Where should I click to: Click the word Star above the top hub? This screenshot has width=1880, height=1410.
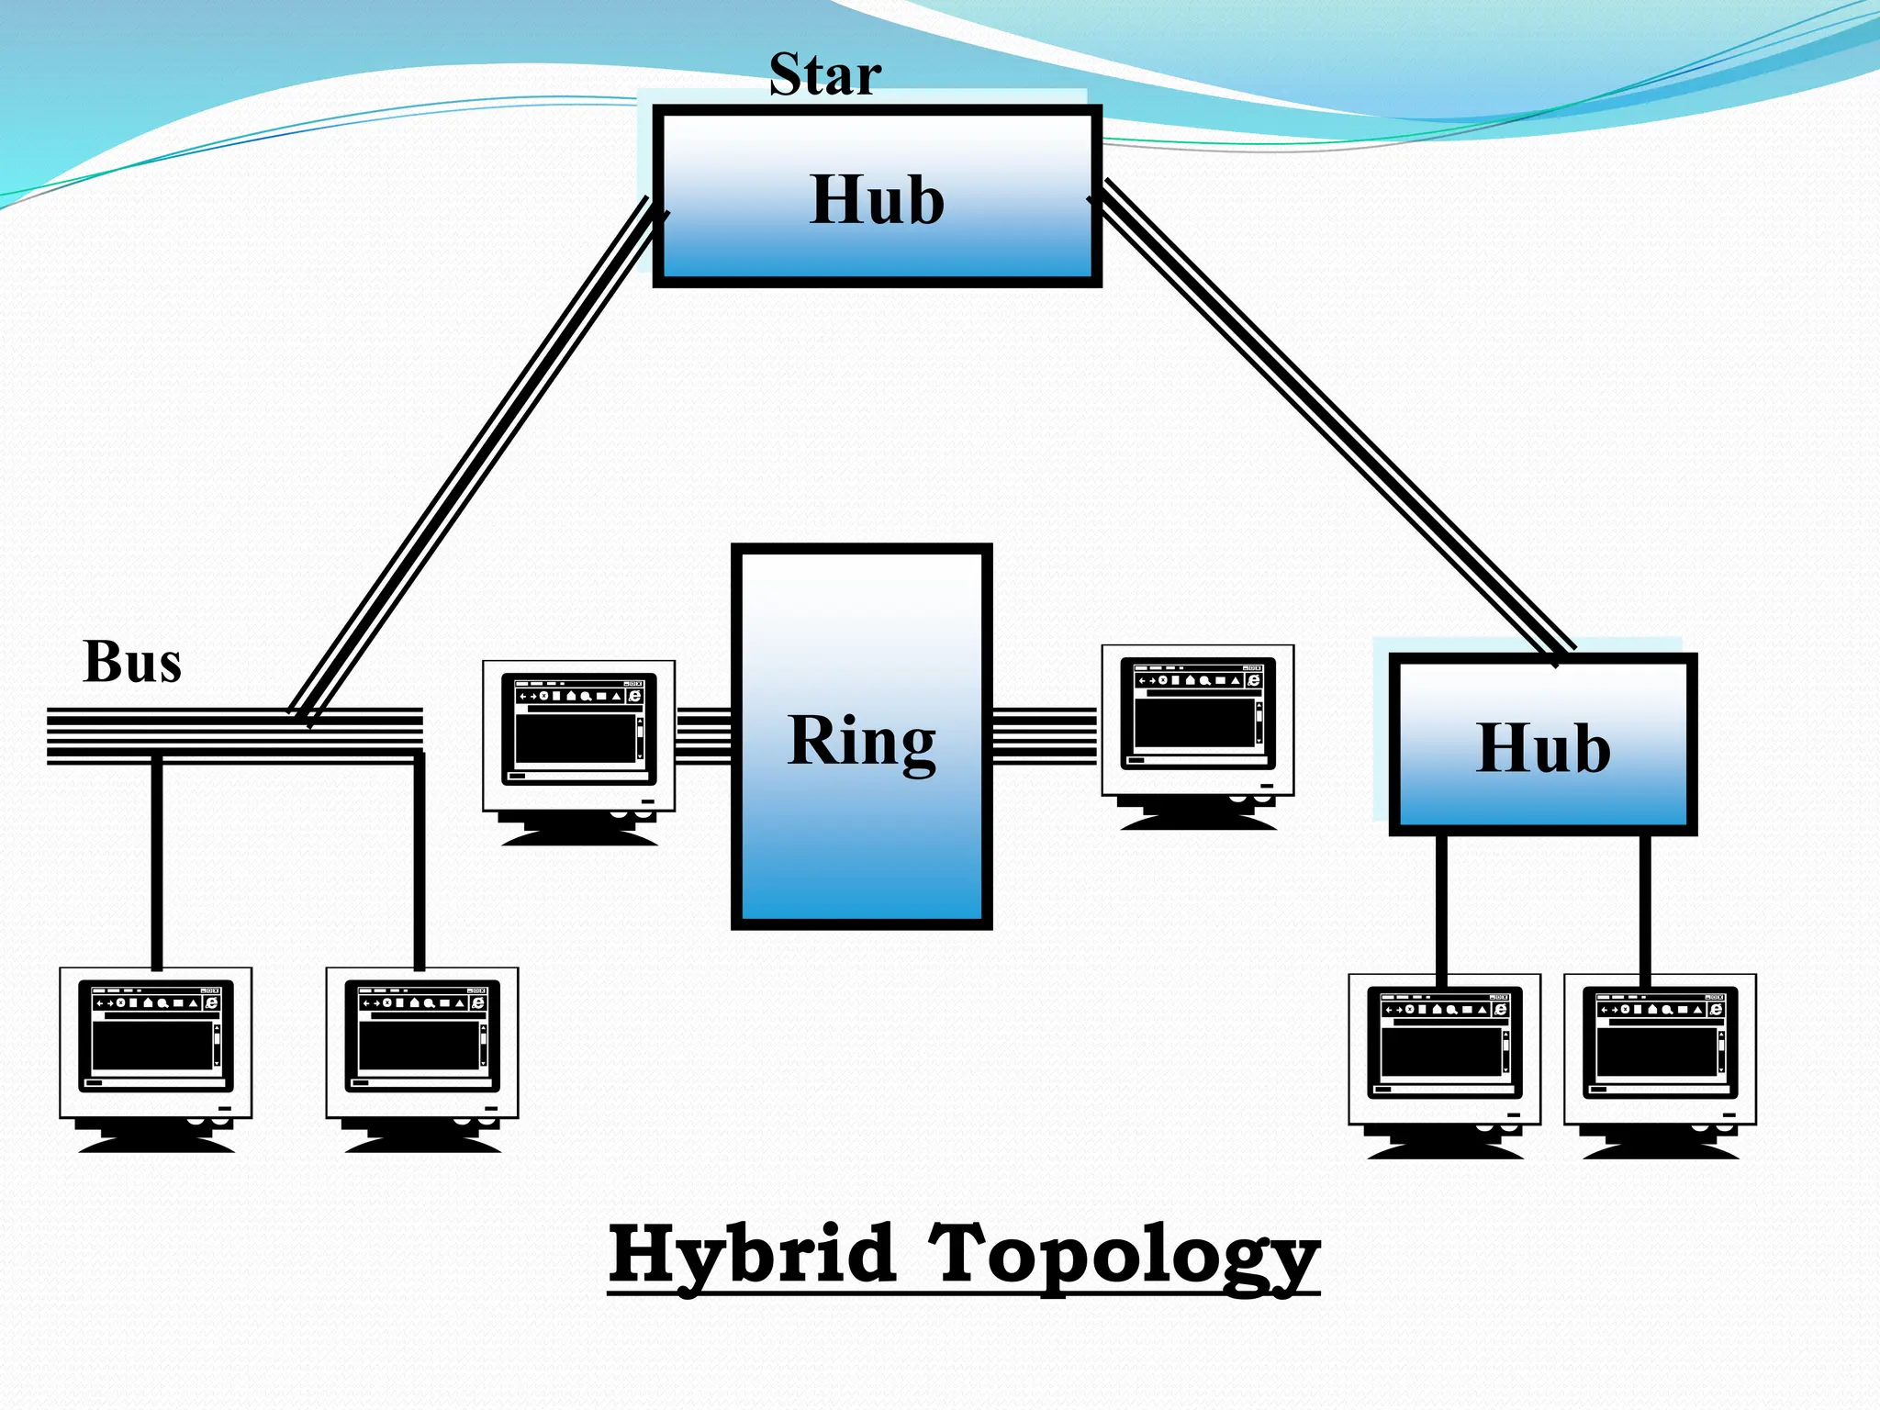[x=824, y=75]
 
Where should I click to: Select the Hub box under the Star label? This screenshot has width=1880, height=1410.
[x=877, y=196]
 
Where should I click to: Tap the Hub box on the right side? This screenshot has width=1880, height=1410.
[x=1542, y=744]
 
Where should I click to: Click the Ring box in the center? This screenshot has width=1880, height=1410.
[x=861, y=737]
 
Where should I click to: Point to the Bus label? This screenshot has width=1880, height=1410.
[x=132, y=662]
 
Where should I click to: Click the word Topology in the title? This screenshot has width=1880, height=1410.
[x=1124, y=1256]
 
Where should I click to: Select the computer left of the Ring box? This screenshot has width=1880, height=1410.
[x=578, y=749]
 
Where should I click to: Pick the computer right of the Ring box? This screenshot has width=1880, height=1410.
[x=1197, y=734]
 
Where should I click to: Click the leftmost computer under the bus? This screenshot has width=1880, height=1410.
[x=155, y=1056]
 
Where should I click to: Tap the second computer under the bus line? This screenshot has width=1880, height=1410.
[x=421, y=1056]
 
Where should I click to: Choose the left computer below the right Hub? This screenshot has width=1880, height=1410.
[x=1444, y=1062]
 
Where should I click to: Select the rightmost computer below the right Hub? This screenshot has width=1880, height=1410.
[x=1660, y=1062]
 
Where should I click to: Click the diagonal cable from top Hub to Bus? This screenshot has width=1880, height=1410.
[x=473, y=459]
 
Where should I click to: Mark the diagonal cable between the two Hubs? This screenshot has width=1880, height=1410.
[x=1331, y=413]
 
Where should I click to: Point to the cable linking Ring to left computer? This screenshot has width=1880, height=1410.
[x=703, y=735]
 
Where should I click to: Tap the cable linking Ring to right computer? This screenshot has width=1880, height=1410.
[x=1045, y=735]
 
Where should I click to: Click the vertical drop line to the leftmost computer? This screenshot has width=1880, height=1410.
[x=157, y=863]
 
